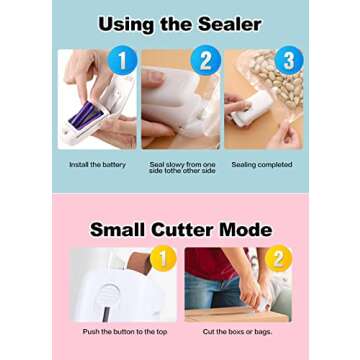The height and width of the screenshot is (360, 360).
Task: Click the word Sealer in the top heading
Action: click(x=227, y=24)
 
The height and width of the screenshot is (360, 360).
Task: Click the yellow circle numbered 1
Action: click(x=164, y=259)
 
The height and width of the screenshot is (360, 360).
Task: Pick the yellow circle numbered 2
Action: click(x=278, y=259)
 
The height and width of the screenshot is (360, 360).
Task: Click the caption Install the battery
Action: click(x=97, y=164)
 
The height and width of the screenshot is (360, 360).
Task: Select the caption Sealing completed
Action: click(x=261, y=164)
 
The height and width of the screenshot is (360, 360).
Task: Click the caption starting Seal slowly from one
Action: click(x=182, y=167)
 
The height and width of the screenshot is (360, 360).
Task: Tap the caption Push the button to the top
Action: click(x=125, y=331)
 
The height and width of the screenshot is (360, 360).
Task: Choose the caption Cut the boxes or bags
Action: click(x=236, y=331)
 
